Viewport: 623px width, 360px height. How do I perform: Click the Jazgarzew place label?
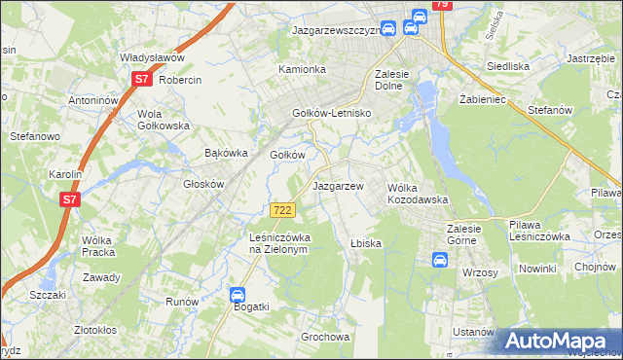[x=337, y=186]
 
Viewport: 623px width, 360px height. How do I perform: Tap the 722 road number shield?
[x=282, y=210]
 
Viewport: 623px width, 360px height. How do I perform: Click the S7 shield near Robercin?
[x=142, y=79]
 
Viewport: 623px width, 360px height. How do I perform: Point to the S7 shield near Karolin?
[x=69, y=199]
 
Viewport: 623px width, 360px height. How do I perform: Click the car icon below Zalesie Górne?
[x=439, y=260]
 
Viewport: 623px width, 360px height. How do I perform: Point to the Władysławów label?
[x=152, y=57]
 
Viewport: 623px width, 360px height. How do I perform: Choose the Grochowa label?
[x=325, y=338]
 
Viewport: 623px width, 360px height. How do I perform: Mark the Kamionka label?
[x=302, y=70]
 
